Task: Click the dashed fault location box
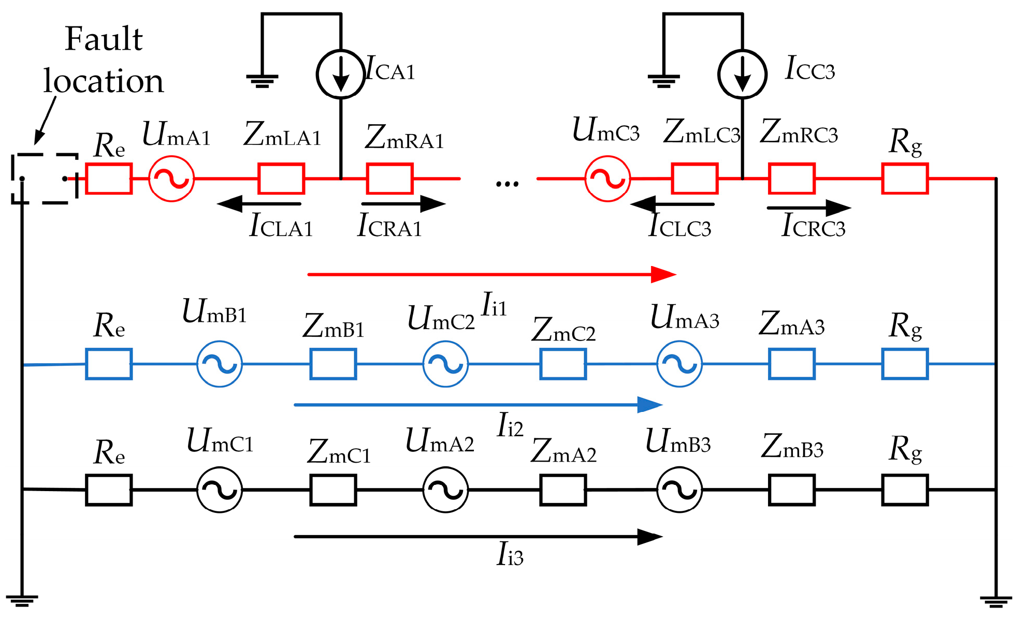tap(44, 179)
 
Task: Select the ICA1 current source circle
tap(341, 74)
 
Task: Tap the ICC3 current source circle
tap(742, 74)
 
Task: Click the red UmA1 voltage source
tap(171, 179)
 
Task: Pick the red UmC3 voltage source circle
tap(607, 179)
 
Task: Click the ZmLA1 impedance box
tap(281, 179)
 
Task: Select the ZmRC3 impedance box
tap(791, 179)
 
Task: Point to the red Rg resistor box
tap(905, 179)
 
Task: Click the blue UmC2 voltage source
tap(445, 364)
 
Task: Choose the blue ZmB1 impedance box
tap(333, 364)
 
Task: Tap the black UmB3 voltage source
tap(679, 490)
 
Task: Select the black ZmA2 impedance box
tap(563, 490)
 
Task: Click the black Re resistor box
tap(109, 490)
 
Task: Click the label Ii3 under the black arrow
tap(510, 555)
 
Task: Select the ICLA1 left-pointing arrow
tap(259, 204)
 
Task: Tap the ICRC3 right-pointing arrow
tap(808, 208)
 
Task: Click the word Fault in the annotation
tap(104, 39)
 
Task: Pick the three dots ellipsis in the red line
tap(507, 184)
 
